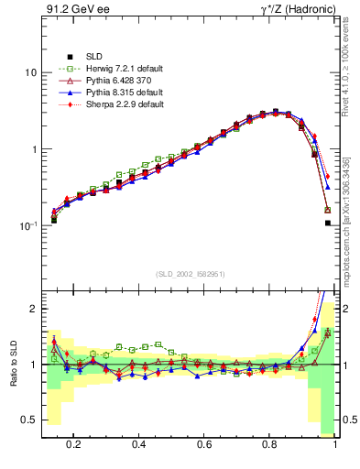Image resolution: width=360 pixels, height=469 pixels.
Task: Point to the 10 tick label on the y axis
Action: click(28, 72)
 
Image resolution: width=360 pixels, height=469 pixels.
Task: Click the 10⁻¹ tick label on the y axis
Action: click(26, 225)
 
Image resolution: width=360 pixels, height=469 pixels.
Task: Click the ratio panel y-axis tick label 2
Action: click(32, 309)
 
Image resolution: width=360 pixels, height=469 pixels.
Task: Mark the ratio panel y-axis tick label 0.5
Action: click(28, 420)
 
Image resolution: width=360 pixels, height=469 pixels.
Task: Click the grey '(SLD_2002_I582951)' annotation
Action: click(191, 274)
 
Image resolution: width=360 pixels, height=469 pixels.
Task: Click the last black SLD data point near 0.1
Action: click(328, 223)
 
